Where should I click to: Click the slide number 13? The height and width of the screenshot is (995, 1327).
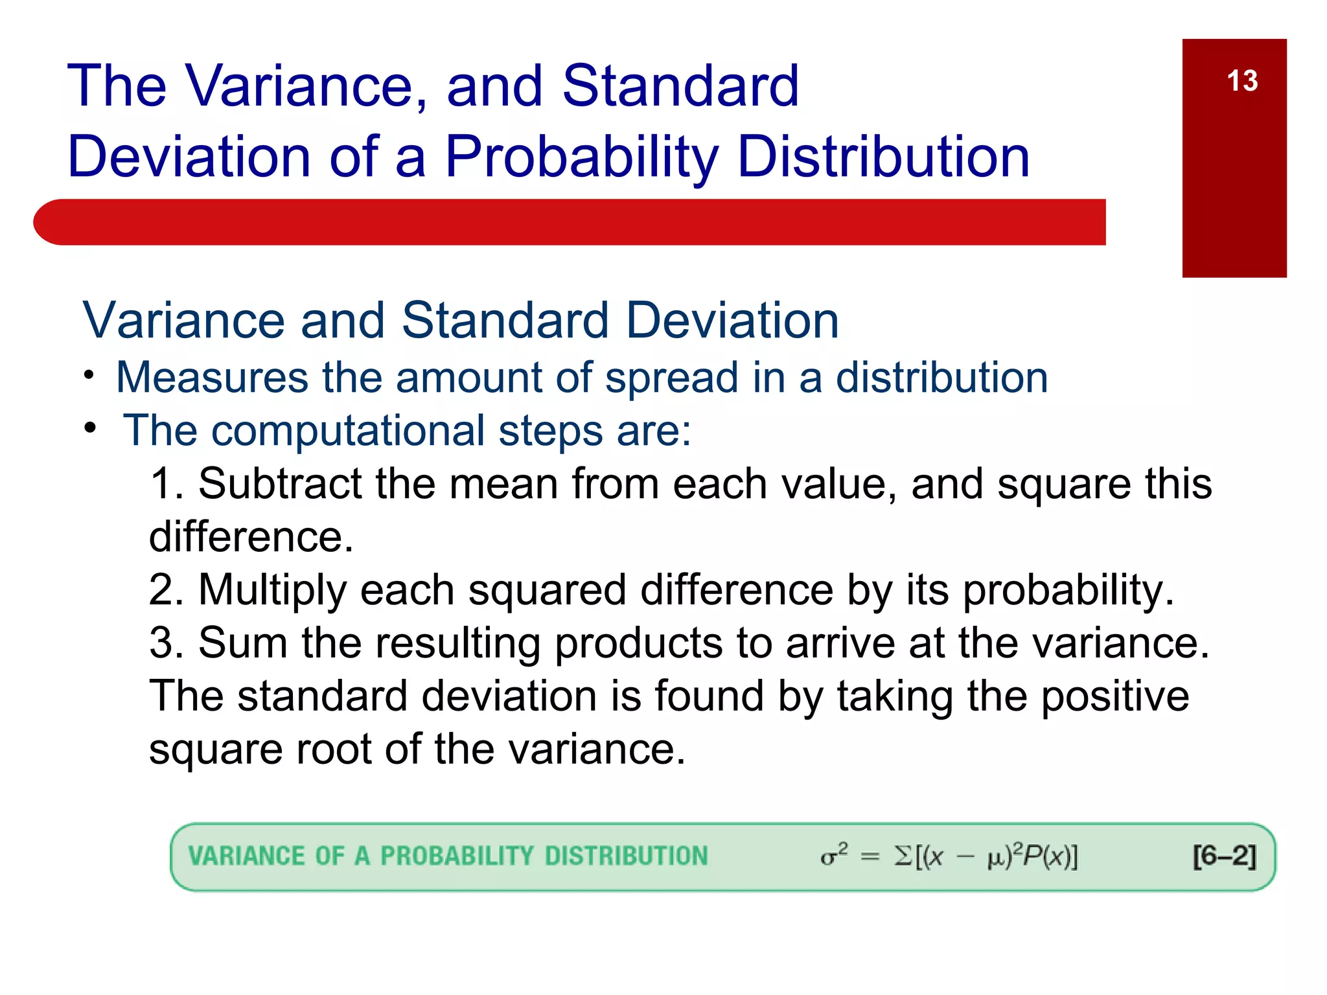coord(1241,82)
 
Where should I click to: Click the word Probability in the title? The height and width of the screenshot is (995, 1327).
coord(581,157)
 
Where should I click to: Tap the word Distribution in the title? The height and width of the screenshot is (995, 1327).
coord(883,157)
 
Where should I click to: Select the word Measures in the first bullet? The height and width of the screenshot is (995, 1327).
coord(212,378)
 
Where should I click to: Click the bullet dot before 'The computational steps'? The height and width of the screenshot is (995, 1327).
coord(90,428)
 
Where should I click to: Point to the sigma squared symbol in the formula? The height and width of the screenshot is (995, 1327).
coord(833,855)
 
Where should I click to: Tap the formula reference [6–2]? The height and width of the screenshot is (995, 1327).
coord(1223,856)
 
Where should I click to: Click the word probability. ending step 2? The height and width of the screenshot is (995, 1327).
coord(1067,591)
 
